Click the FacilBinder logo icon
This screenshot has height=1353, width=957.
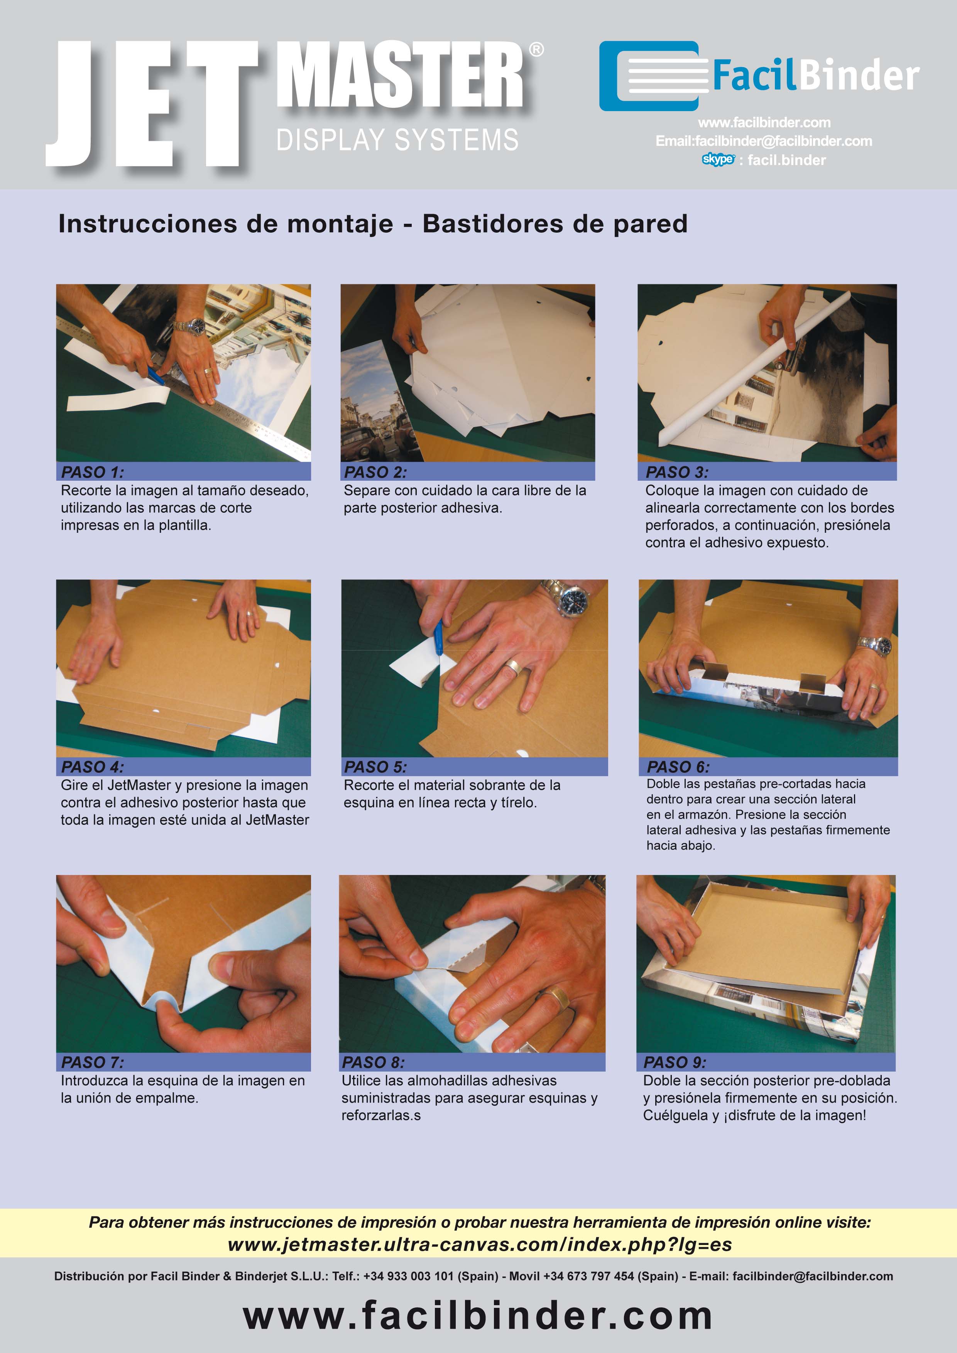coord(653,76)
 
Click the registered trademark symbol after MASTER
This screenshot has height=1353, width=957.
coord(536,49)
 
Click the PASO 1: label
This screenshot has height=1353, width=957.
coord(93,472)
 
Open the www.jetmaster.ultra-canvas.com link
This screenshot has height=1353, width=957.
coord(480,1245)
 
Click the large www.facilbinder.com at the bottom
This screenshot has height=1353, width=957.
coord(478,1315)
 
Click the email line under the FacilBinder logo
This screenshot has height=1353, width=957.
coord(764,141)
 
